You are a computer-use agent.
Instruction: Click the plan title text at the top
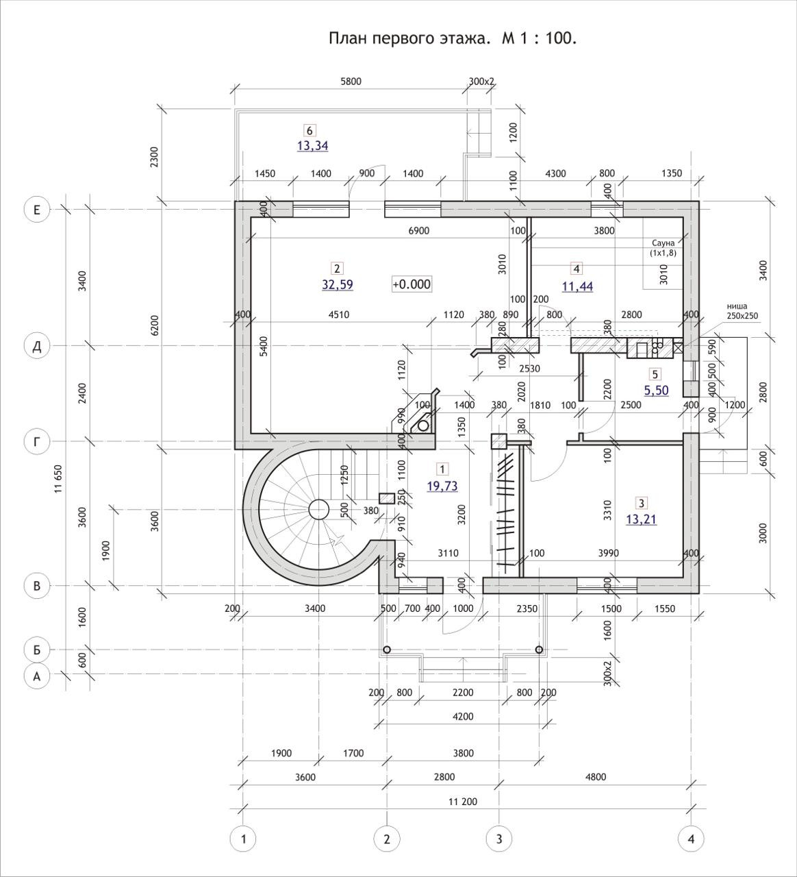(453, 38)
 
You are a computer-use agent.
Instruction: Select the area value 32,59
(338, 284)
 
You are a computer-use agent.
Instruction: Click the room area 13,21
(641, 519)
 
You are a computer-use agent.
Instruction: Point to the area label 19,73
(442, 486)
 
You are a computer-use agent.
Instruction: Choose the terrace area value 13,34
(312, 145)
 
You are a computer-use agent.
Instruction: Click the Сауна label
(663, 243)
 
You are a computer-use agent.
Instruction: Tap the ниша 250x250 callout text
(742, 312)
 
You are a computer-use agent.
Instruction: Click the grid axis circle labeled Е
(37, 210)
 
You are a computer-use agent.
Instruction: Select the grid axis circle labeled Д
(37, 347)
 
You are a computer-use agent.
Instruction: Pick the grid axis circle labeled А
(37, 677)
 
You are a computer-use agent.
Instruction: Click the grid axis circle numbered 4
(691, 838)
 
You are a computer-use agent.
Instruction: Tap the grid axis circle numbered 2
(387, 838)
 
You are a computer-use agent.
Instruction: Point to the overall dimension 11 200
(463, 802)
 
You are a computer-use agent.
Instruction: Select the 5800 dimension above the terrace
(350, 82)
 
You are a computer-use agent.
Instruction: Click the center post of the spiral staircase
(318, 509)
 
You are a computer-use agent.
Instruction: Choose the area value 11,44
(577, 286)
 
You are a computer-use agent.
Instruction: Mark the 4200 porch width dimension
(463, 717)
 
